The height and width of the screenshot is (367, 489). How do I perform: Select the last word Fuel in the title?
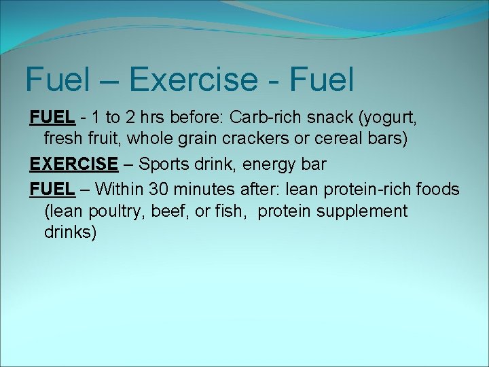point(321,80)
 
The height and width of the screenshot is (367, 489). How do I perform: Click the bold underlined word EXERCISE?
point(73,164)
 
